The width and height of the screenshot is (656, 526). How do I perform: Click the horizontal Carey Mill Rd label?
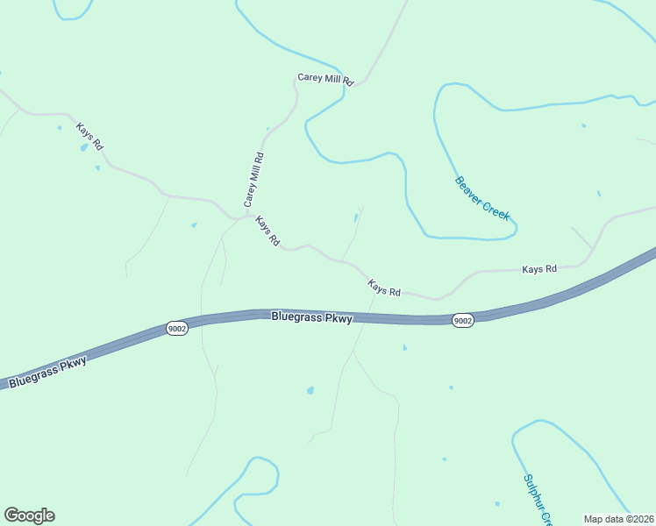click(325, 79)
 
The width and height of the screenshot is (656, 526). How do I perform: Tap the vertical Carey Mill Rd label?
click(253, 180)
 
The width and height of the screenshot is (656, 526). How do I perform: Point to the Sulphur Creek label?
click(536, 500)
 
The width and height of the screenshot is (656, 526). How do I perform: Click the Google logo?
click(29, 515)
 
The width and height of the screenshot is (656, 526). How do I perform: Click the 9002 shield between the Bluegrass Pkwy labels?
click(176, 329)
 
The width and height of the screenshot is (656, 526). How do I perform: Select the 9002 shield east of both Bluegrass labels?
click(463, 321)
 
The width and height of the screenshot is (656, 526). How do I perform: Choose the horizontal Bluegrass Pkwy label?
click(311, 317)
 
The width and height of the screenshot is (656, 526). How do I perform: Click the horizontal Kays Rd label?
click(539, 269)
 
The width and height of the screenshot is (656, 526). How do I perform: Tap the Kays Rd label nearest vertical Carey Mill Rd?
click(267, 231)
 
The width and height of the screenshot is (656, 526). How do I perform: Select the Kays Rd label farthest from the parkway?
click(89, 136)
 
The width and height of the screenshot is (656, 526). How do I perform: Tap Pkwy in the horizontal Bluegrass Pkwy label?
click(337, 318)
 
